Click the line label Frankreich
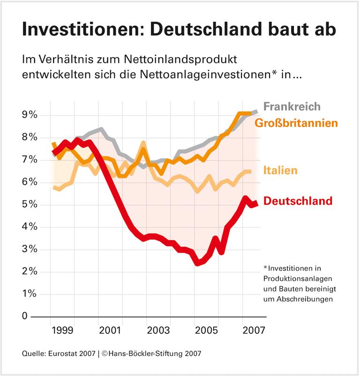click(x=292, y=106)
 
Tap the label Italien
click(x=280, y=170)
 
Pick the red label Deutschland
click(x=298, y=201)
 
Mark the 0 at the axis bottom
click(x=25, y=316)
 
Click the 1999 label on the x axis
click(x=62, y=330)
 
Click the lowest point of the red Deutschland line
click(x=198, y=263)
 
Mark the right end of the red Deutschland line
click(x=256, y=203)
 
